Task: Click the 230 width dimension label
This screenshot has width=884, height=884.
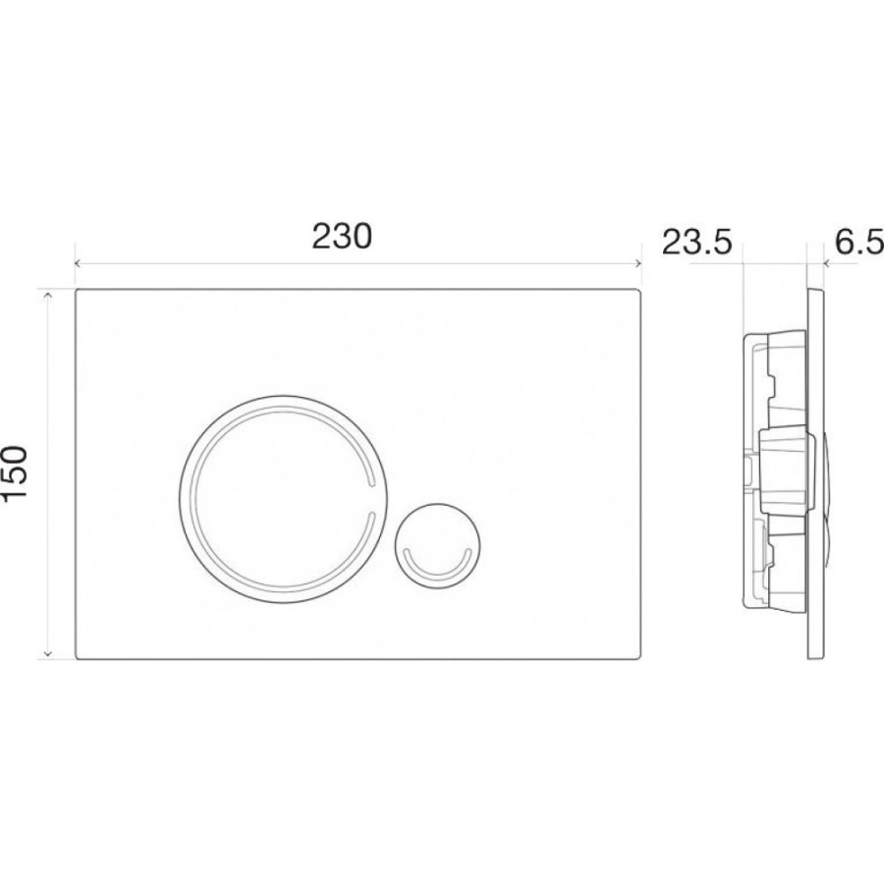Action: point(342,236)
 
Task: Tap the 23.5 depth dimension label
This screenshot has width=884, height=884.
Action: point(696,243)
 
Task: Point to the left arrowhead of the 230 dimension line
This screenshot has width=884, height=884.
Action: point(79,263)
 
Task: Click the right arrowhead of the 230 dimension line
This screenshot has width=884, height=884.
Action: point(638,263)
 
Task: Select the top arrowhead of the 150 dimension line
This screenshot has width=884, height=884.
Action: point(48,295)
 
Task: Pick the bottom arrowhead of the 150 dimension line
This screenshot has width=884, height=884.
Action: point(48,654)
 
